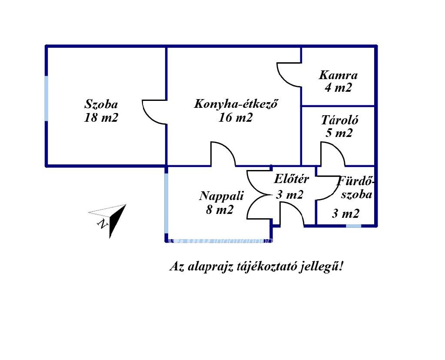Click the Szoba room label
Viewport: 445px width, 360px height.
[101, 104]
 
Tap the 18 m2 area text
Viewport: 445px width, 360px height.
[101, 118]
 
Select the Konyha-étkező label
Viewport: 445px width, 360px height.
[236, 104]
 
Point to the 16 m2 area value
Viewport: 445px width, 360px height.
[236, 118]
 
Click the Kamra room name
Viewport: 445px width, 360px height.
[338, 75]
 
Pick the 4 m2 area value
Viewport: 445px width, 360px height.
[338, 88]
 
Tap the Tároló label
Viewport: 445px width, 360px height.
[339, 120]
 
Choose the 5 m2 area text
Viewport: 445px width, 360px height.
[339, 133]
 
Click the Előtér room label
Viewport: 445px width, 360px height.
[291, 179]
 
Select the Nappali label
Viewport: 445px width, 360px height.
[221, 196]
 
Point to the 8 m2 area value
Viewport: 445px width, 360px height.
[220, 210]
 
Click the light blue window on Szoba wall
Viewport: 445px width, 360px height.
[46, 99]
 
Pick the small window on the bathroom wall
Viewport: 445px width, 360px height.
[353, 226]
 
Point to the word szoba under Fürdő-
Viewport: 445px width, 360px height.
[356, 194]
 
